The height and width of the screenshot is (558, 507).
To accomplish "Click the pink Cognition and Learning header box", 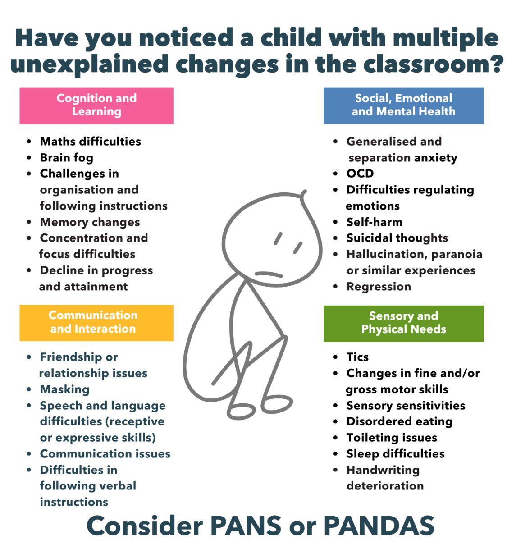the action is (x=96, y=106).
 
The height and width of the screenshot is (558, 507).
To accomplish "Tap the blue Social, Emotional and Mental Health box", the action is (x=403, y=106).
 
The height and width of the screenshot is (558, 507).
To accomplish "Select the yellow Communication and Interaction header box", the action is (x=96, y=323).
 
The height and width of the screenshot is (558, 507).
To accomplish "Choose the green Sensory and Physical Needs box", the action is (x=403, y=324).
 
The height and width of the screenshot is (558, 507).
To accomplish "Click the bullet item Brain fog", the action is (x=67, y=158).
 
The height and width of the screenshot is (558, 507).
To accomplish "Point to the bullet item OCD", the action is (x=360, y=173).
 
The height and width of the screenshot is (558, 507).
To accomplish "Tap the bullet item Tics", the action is (x=357, y=357).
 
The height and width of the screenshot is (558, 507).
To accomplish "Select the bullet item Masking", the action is (x=64, y=389).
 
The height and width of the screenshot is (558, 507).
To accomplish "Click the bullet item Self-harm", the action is (x=374, y=222).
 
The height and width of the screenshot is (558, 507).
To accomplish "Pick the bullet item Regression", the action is (x=379, y=287).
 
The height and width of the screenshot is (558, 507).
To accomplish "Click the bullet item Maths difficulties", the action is (x=91, y=142).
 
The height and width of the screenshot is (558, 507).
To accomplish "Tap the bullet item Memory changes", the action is (x=90, y=222).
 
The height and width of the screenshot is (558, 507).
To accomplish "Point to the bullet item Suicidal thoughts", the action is (x=397, y=238).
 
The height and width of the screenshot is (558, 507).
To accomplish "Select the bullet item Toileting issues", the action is (x=392, y=438).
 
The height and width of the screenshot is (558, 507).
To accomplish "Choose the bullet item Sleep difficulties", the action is (x=395, y=454).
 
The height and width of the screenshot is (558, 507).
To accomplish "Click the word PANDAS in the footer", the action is (x=379, y=526).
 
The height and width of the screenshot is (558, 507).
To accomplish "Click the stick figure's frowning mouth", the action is (x=269, y=274).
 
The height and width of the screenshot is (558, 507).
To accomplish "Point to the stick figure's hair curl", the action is (x=303, y=194).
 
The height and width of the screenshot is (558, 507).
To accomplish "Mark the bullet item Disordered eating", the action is (x=399, y=421).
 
